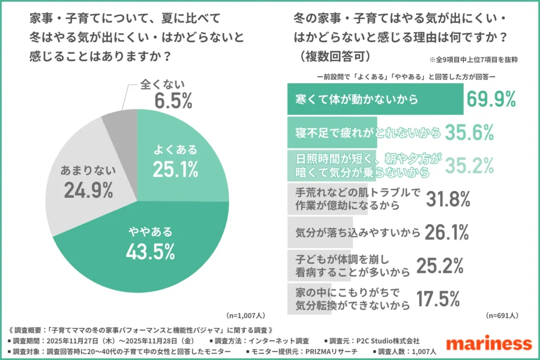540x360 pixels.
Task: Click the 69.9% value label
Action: click(x=491, y=99)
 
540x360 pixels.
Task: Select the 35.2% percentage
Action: click(x=469, y=166)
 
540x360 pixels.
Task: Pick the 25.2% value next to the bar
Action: click(x=440, y=266)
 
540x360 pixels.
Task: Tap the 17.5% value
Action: click(x=440, y=299)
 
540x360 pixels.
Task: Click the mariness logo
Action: click(x=488, y=343)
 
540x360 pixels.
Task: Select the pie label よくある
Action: click(x=175, y=150)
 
